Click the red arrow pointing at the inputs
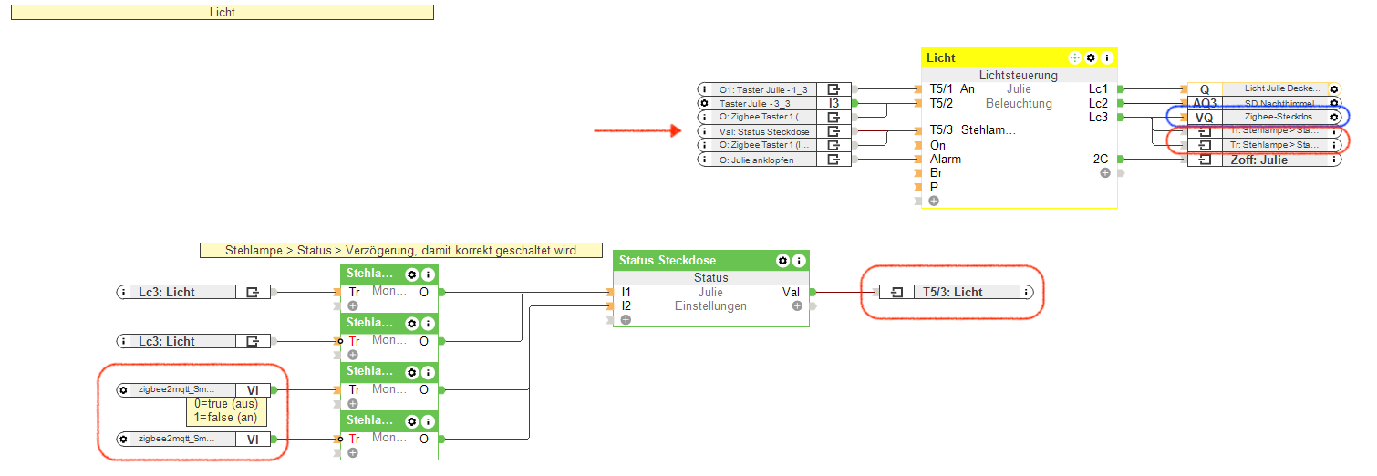click(x=637, y=131)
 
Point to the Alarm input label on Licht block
click(x=945, y=159)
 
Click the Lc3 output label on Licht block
click(x=1098, y=117)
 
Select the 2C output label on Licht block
click(x=1101, y=159)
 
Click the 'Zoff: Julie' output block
click(x=1264, y=160)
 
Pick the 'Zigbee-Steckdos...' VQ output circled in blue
click(x=1264, y=117)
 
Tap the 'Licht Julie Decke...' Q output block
click(x=1264, y=89)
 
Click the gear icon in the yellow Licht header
click(x=1091, y=57)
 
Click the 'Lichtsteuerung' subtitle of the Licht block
click(x=1019, y=76)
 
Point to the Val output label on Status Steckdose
click(x=792, y=292)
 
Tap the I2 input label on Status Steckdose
click(x=626, y=305)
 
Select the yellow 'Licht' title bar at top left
click(x=222, y=13)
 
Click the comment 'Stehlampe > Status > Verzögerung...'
click(x=400, y=250)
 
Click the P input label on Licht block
click(x=935, y=186)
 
